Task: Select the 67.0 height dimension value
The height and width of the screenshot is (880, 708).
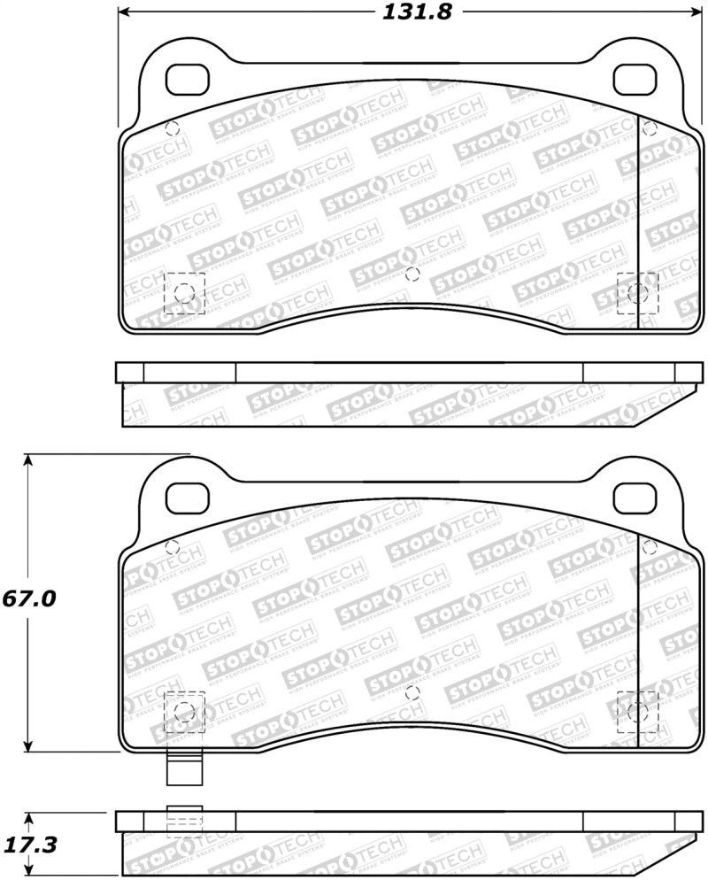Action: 28,598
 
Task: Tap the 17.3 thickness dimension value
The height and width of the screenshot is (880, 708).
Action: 30,845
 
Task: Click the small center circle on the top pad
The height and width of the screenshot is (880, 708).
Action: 411,274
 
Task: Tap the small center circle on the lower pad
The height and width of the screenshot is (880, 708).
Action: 411,693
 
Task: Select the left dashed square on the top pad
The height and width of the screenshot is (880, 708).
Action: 184,293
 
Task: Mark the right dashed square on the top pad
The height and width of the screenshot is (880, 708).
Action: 636,293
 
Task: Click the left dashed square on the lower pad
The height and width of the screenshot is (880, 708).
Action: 184,712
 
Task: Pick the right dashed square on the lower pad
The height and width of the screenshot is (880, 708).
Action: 636,712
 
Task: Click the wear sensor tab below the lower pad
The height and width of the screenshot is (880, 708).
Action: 184,768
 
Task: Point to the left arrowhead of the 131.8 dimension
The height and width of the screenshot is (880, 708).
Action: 125,12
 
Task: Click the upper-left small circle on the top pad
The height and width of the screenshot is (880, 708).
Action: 172,127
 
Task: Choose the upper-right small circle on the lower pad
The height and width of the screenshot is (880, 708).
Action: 649,546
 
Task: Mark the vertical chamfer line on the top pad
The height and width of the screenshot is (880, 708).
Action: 639,221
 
